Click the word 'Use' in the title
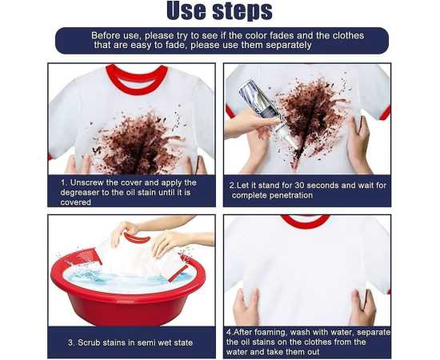(186, 10)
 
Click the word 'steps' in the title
(242, 11)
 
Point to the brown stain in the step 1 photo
(138, 144)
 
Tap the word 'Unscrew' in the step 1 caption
(87, 182)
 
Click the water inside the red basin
(123, 278)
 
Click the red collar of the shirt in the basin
(138, 238)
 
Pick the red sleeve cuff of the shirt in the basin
(178, 274)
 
